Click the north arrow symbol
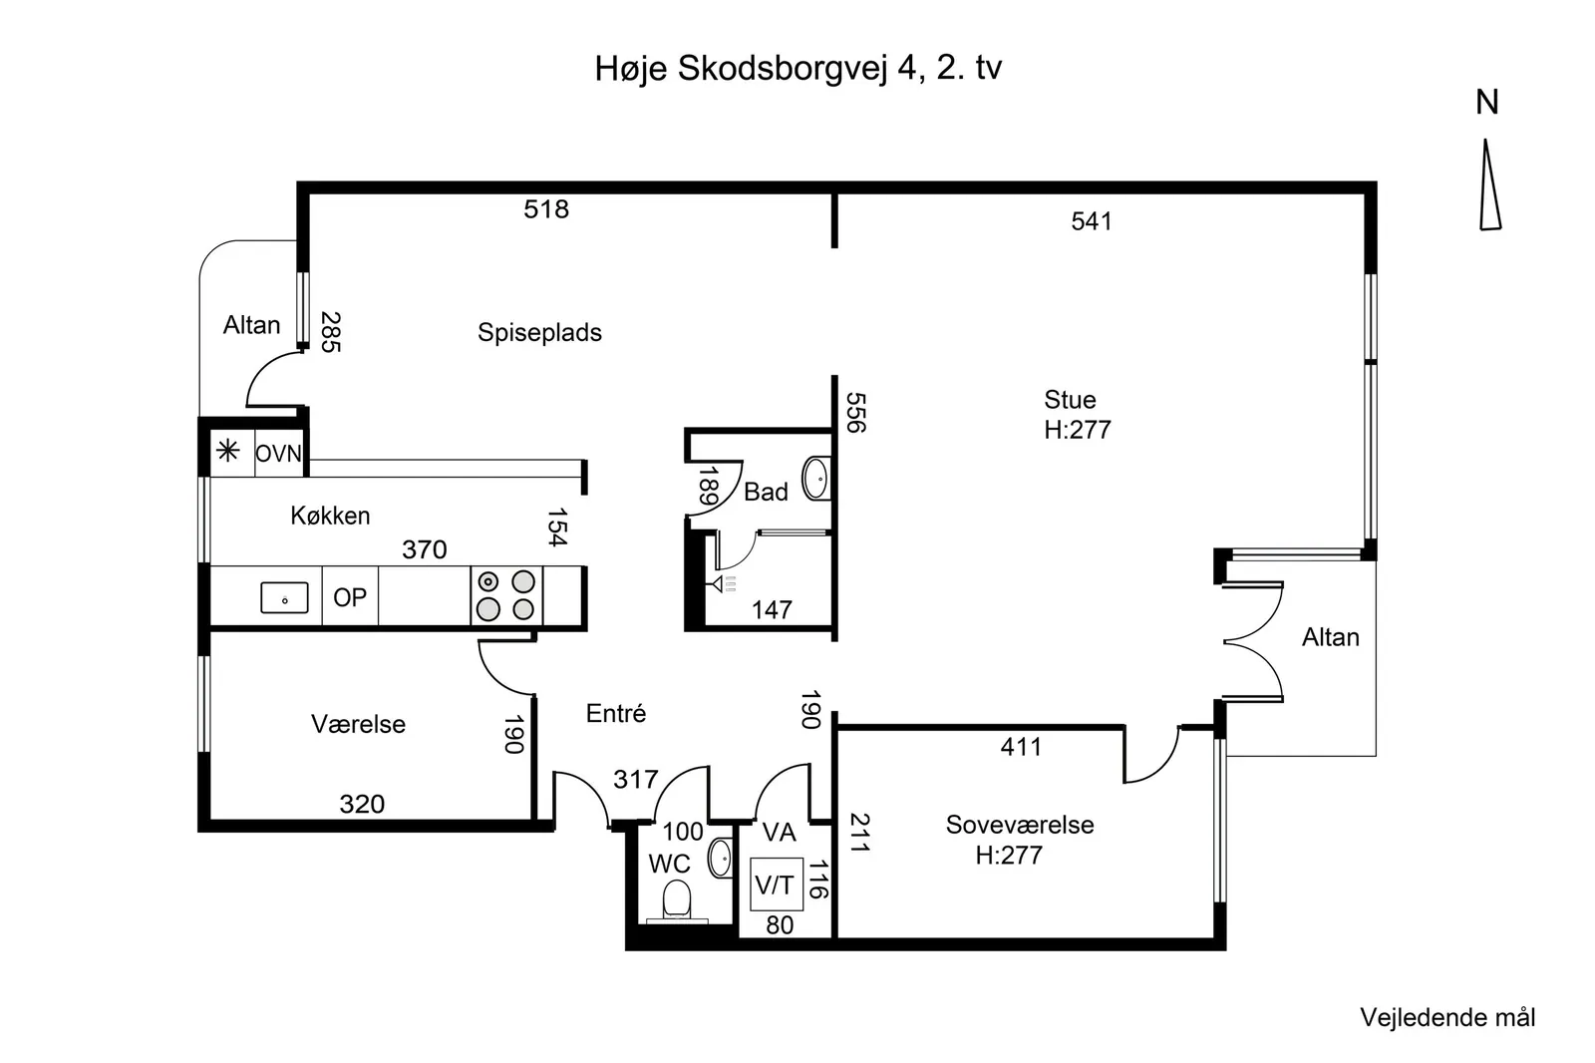click(1489, 185)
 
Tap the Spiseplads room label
click(539, 333)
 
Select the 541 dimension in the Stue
click(1091, 221)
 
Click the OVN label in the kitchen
click(278, 453)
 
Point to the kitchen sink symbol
click(284, 597)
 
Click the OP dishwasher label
click(350, 597)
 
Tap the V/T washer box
click(777, 885)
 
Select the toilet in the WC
click(677, 900)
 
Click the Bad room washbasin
click(816, 478)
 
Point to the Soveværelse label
click(1020, 825)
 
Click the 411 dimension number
click(1021, 747)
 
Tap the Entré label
click(616, 713)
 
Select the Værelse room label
click(358, 724)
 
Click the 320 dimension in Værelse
click(362, 805)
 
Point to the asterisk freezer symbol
click(228, 451)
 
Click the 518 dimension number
click(546, 209)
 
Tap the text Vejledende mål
click(1447, 1017)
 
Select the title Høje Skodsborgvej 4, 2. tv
click(798, 69)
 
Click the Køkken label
click(330, 516)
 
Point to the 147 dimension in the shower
click(772, 610)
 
